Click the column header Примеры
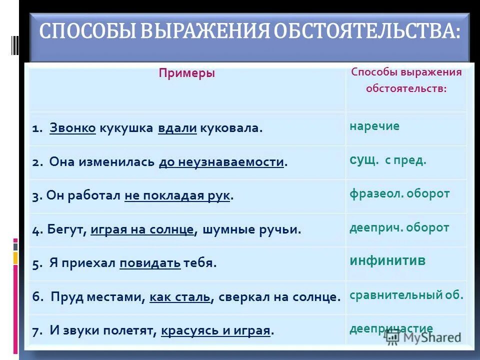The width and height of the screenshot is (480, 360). point(186,73)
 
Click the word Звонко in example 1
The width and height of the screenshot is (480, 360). point(72,128)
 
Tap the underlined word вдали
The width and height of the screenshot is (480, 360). point(177,128)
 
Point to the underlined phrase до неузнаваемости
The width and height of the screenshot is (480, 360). point(221,162)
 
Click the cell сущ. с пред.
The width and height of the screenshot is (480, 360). point(387,161)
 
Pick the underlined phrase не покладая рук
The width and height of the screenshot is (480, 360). point(177,196)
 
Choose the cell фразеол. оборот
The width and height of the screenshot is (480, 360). point(399,194)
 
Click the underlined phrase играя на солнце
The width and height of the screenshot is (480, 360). point(142,229)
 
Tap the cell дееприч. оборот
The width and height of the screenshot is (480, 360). point(399,227)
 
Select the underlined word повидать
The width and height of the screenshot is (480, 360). point(150,263)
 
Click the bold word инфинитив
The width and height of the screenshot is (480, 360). point(387,261)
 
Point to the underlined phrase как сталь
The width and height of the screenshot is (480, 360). point(179,296)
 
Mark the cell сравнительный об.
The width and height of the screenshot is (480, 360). point(406,294)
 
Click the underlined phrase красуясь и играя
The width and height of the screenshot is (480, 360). point(216,330)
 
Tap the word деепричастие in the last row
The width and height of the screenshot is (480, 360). point(391,328)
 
